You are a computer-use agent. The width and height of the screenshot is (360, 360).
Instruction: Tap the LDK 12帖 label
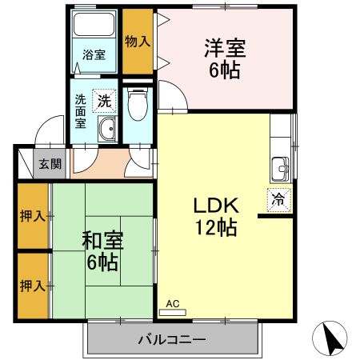(214, 215)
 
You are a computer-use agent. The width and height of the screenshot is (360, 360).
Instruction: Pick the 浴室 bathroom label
(94, 55)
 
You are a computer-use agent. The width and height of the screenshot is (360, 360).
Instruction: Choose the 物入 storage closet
(137, 40)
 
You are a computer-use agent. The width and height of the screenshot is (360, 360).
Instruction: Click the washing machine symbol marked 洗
(104, 101)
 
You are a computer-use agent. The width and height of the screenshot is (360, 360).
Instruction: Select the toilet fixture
(138, 103)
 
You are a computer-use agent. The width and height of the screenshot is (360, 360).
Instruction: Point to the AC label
(173, 304)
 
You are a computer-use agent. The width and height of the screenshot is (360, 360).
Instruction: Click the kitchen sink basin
(280, 170)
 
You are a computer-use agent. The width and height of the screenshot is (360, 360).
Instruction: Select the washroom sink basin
(106, 130)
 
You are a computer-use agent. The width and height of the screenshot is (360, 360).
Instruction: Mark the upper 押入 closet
(33, 216)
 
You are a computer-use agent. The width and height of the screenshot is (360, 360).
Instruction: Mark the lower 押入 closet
(33, 284)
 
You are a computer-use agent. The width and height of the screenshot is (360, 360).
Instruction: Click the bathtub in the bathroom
(95, 26)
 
